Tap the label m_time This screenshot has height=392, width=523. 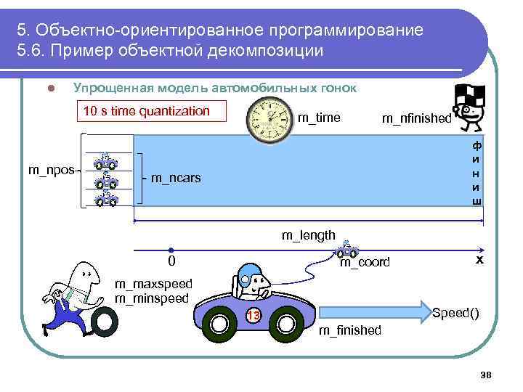319,118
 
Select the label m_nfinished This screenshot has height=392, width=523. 416,119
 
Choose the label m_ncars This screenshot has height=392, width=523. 176,178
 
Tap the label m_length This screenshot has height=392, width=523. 308,234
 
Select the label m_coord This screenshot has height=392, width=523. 365,262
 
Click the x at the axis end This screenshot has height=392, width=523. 479,259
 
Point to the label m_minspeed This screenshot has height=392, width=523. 152,298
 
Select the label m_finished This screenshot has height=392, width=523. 350,330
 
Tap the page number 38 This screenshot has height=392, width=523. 486,374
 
